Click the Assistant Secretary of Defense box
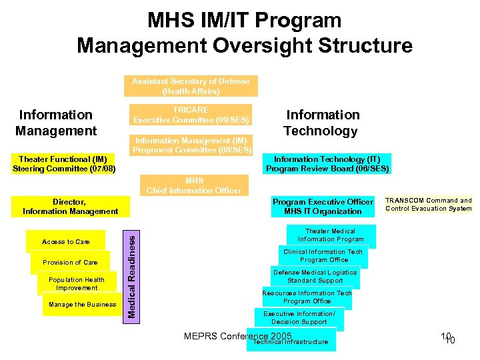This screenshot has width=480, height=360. (x=191, y=86)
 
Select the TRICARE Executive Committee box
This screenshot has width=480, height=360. (x=191, y=115)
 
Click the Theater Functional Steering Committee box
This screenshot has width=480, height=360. (x=64, y=164)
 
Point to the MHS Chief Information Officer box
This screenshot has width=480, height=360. (x=194, y=185)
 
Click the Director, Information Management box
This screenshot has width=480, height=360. (x=70, y=207)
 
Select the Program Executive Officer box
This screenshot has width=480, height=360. (x=323, y=207)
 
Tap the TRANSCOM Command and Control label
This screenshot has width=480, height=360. (x=428, y=205)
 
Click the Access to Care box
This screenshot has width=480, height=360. (x=65, y=241)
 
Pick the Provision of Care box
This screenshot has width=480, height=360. (x=70, y=262)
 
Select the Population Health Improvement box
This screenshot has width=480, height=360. (x=76, y=283)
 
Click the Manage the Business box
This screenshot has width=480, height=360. (x=82, y=305)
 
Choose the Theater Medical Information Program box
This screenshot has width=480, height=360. (x=331, y=235)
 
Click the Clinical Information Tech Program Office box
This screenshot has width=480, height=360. (x=323, y=256)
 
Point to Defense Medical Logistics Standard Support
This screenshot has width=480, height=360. (x=315, y=277)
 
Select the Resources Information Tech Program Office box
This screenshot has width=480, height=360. (x=307, y=297)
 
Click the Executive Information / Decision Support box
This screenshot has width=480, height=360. (x=299, y=318)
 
